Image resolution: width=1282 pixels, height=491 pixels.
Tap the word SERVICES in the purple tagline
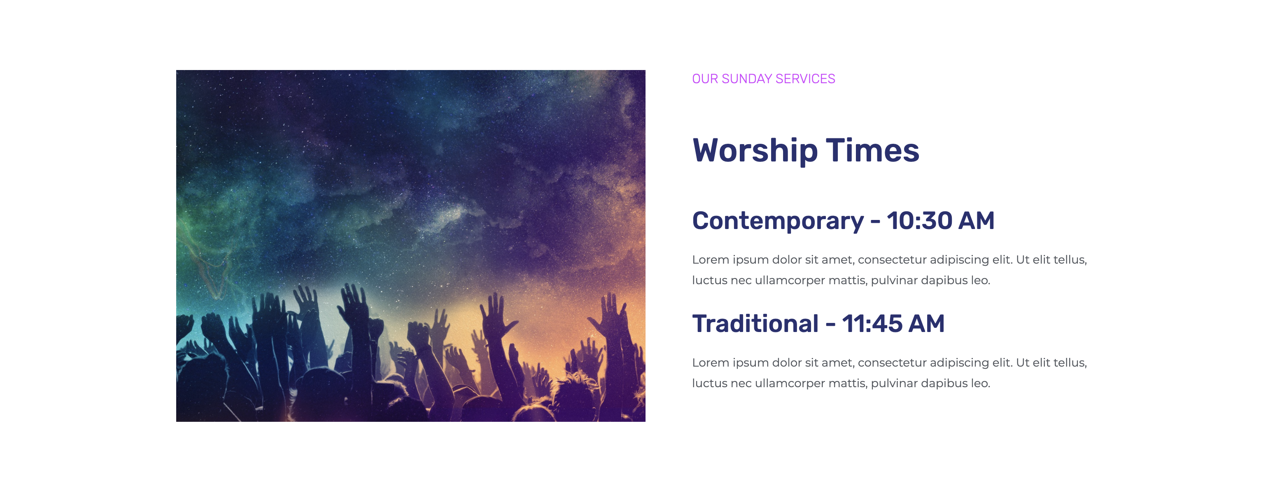pos(805,79)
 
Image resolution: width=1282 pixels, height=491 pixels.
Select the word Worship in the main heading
pos(755,151)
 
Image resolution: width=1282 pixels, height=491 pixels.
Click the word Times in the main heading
pos(872,150)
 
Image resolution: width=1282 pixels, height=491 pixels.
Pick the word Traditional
pos(755,324)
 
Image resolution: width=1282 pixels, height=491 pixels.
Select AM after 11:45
pos(927,324)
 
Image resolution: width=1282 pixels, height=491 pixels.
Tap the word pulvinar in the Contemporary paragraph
pos(894,281)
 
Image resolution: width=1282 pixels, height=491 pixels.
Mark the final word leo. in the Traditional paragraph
pos(980,383)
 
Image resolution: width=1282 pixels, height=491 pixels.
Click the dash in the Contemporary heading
pos(875,222)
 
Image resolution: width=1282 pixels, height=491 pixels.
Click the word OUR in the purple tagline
pos(705,79)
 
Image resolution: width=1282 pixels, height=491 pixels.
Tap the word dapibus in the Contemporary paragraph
pos(944,281)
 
